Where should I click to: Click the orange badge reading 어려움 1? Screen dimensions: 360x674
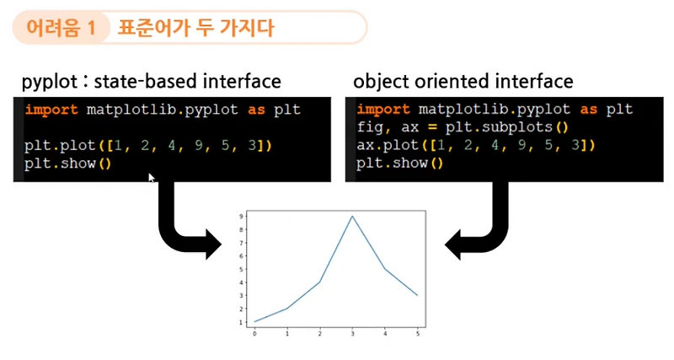pyautogui.click(x=61, y=28)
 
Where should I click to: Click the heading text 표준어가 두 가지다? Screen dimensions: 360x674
pyautogui.click(x=195, y=28)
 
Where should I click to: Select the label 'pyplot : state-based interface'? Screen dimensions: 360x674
pyautogui.click(x=152, y=82)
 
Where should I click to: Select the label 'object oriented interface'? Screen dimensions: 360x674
pyautogui.click(x=463, y=82)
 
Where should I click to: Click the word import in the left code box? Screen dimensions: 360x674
pyautogui.click(x=52, y=110)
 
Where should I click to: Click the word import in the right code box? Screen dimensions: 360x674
pyautogui.click(x=384, y=110)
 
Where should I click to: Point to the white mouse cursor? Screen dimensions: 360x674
pyautogui.click(x=152, y=178)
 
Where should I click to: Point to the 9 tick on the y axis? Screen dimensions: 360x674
pyautogui.click(x=243, y=217)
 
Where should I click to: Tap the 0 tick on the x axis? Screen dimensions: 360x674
pyautogui.click(x=255, y=332)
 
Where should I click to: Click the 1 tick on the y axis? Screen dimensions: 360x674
pyautogui.click(x=243, y=322)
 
